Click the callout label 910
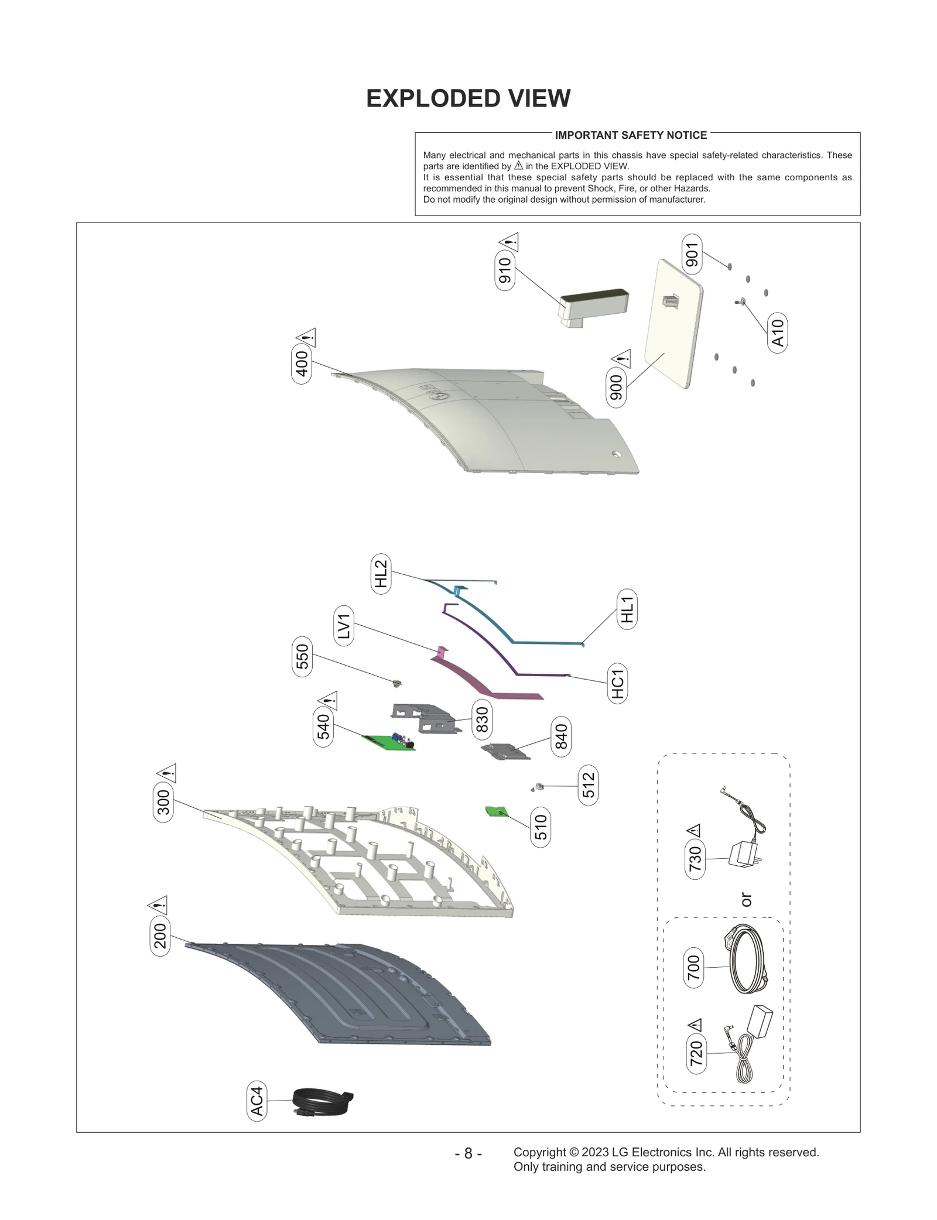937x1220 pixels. point(504,270)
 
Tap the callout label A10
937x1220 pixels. point(777,333)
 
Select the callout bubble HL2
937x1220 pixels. point(381,573)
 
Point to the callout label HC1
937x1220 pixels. point(617,683)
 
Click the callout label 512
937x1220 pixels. point(588,785)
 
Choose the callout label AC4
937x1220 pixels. point(257,1101)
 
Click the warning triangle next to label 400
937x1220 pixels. point(306,337)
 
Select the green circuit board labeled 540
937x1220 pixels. point(388,742)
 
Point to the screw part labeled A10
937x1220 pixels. point(740,301)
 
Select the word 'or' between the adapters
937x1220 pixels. point(746,899)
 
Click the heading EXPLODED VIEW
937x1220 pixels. point(468,98)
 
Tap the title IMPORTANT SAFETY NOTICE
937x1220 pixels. point(631,135)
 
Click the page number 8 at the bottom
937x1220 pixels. point(468,1153)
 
